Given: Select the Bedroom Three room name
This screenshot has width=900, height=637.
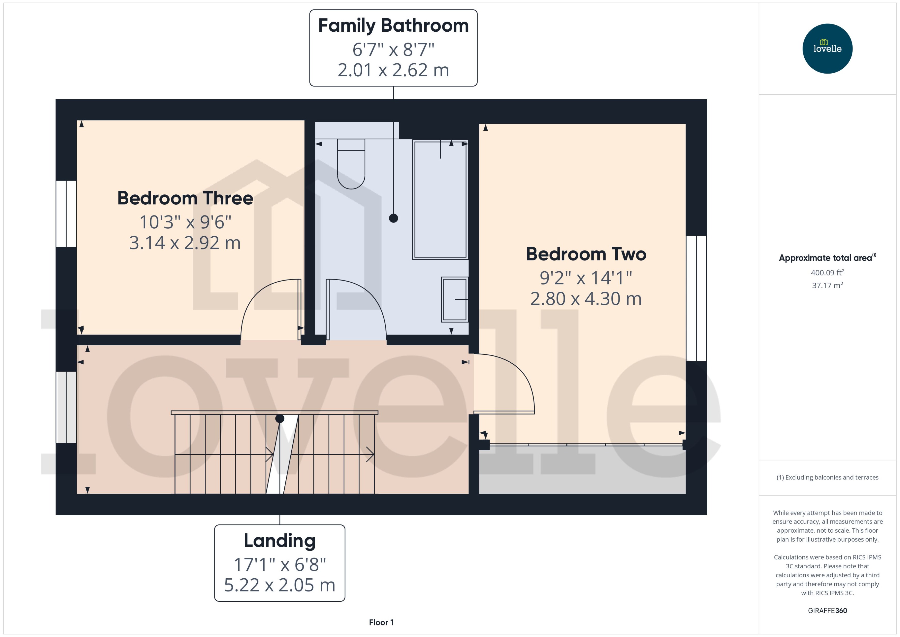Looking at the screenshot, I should coord(185,198).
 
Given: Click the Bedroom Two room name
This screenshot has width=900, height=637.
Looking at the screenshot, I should coord(586,254).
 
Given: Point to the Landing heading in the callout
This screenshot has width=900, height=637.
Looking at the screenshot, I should coord(280,541).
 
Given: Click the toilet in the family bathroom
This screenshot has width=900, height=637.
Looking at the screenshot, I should coord(351,165).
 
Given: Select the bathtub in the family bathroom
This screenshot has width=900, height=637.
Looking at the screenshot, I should coord(440,199).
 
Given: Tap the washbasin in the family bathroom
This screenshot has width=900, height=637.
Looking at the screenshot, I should coord(455,300).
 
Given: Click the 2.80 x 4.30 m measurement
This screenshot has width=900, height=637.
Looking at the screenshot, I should coord(586,299).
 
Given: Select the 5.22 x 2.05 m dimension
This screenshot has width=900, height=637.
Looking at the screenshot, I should coord(280,585).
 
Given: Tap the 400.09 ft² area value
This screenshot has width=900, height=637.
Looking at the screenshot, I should coord(827,273).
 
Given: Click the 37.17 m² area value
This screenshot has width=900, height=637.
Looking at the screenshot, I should coord(827,285).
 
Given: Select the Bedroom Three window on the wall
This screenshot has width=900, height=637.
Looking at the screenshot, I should coord(66,214).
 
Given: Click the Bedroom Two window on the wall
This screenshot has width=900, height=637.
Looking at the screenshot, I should coord(696,298).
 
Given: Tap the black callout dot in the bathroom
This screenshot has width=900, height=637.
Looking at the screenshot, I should coord(393,218).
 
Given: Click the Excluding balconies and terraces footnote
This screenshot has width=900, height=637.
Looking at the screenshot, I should coord(827,477).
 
